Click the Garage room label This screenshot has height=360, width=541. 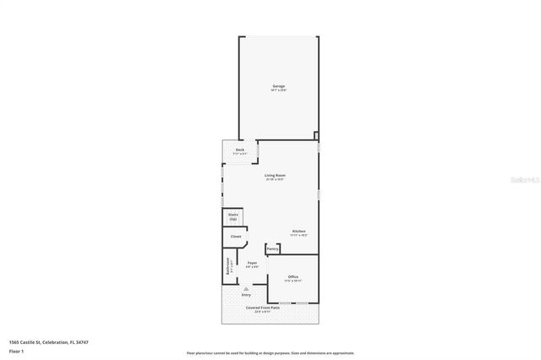coord(278,86)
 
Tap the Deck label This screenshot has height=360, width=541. coord(240,150)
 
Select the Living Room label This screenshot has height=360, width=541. coord(275,175)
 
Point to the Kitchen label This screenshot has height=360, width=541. coord(299,231)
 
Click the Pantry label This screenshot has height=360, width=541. coord(273,249)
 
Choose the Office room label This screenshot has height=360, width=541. coord(293,276)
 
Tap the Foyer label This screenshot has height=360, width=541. coord(252,263)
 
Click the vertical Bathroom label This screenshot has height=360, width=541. coord(228,267)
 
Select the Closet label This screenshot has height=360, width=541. coord(236,237)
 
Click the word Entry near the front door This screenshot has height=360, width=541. coord(246,294)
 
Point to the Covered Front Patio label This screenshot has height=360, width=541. coord(263,307)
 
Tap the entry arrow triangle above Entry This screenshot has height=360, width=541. coord(246,288)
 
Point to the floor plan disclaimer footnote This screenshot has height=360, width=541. coord(270,353)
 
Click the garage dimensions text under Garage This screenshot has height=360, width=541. coord(278,90)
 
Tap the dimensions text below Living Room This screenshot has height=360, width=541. coord(275,179)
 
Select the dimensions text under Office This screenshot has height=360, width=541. coord(293,281)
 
